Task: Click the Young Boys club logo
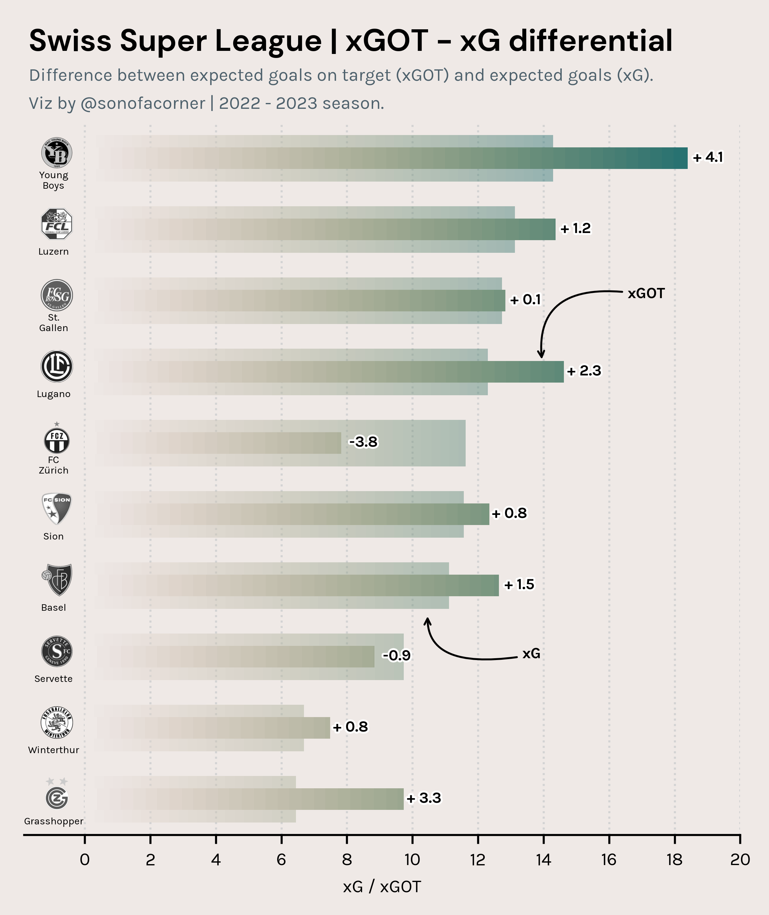pyautogui.click(x=57, y=153)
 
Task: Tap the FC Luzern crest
pyautogui.click(x=57, y=224)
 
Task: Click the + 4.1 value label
pyautogui.click(x=708, y=157)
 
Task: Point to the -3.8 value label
pyautogui.click(x=363, y=442)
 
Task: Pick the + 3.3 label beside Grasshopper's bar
pyautogui.click(x=424, y=798)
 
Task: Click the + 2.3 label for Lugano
pyautogui.click(x=584, y=371)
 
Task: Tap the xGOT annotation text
pyautogui.click(x=646, y=293)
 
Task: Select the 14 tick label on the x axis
pyautogui.click(x=543, y=860)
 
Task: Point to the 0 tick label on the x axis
pyautogui.click(x=85, y=860)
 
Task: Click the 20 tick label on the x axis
pyautogui.click(x=740, y=860)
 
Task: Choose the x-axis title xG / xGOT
pyautogui.click(x=382, y=887)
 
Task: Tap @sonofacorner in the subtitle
pyautogui.click(x=143, y=103)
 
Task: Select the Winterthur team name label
pyautogui.click(x=54, y=750)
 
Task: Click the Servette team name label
pyautogui.click(x=54, y=679)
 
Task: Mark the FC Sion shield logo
pyautogui.click(x=57, y=508)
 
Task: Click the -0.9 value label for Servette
pyautogui.click(x=396, y=655)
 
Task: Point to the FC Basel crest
pyautogui.click(x=57, y=580)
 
